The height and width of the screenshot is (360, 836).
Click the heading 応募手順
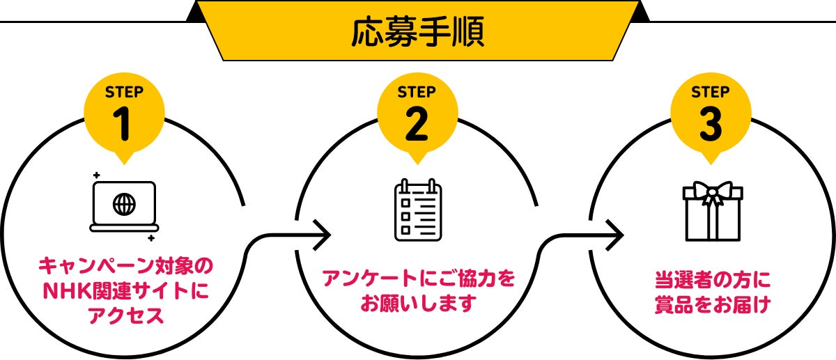418,32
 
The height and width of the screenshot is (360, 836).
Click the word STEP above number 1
124,91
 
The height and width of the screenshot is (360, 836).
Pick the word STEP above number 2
417,91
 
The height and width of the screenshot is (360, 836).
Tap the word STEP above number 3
711,91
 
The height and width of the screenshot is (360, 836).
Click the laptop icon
124,206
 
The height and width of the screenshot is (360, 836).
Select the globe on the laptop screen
124,204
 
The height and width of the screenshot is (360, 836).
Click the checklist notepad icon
418,210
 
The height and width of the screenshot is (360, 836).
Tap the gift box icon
711,211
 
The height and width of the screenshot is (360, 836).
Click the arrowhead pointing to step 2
321,234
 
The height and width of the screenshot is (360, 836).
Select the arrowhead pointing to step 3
614,234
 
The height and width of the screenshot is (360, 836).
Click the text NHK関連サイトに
125,291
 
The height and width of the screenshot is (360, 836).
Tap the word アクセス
125,315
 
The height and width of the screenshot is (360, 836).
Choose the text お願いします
418,304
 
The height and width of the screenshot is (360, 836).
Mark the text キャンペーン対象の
125,266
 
